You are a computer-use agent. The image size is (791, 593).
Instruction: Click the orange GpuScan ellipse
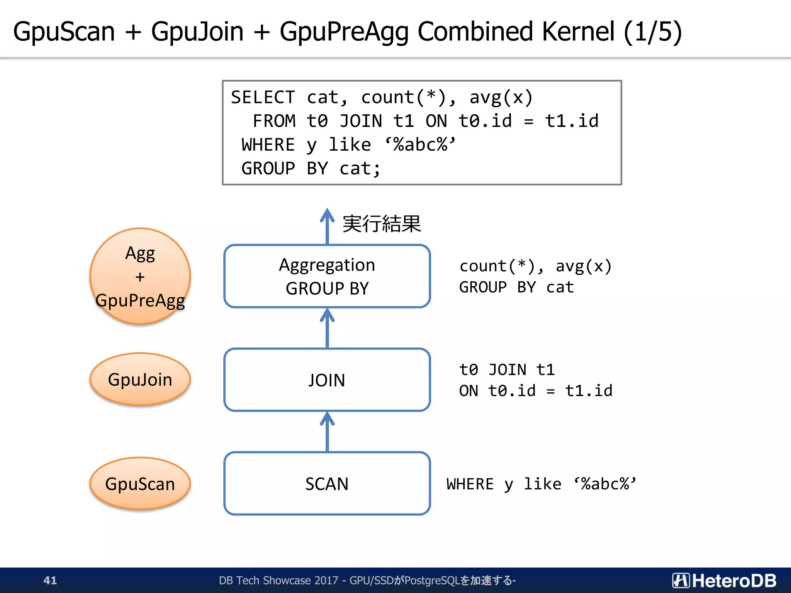pyautogui.click(x=140, y=483)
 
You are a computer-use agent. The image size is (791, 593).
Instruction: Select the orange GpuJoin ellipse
pyautogui.click(x=140, y=379)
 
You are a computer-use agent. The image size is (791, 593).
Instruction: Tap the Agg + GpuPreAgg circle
pyautogui.click(x=140, y=276)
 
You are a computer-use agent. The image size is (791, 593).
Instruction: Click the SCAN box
pyautogui.click(x=327, y=483)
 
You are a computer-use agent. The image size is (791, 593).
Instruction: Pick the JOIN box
pyautogui.click(x=327, y=380)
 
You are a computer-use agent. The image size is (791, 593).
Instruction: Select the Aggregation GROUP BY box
pyautogui.click(x=327, y=276)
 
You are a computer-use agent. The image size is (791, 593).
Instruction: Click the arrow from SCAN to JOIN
pyautogui.click(x=327, y=432)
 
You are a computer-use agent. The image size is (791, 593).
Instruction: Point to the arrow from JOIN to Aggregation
pyautogui.click(x=327, y=328)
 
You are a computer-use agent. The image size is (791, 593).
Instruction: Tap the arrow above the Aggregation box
pyautogui.click(x=327, y=226)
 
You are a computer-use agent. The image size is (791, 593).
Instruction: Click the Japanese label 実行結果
pyautogui.click(x=382, y=224)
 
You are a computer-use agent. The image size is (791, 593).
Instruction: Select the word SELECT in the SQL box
pyautogui.click(x=263, y=97)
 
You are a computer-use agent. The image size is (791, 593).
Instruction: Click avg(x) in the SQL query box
pyautogui.click(x=501, y=97)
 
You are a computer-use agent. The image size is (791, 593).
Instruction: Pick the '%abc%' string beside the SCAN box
pyautogui.click(x=605, y=484)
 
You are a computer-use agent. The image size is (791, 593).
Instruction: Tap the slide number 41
pyautogui.click(x=50, y=580)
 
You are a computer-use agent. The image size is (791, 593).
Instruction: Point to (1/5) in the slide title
pyautogui.click(x=653, y=32)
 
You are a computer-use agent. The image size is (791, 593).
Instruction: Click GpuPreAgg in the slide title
pyautogui.click(x=344, y=32)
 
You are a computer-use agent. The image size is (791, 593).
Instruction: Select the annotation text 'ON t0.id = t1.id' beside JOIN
pyautogui.click(x=535, y=391)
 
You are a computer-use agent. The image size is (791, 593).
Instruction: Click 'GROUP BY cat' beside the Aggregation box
pyautogui.click(x=516, y=287)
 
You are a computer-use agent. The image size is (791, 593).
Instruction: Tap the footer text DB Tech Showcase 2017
pyautogui.click(x=278, y=580)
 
